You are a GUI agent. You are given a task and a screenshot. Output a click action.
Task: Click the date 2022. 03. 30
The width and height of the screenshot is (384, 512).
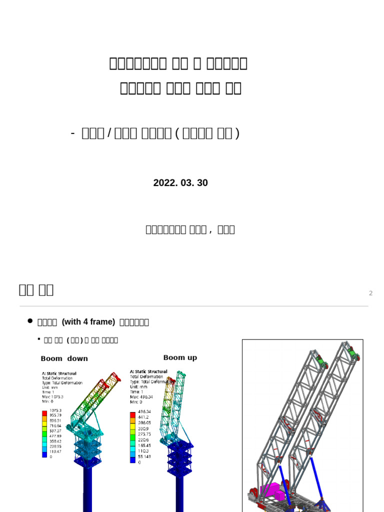click(x=180, y=183)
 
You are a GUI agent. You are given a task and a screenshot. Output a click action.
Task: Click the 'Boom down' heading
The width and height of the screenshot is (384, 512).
click(x=64, y=358)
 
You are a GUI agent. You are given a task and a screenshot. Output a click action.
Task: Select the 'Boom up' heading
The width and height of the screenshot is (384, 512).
click(x=180, y=357)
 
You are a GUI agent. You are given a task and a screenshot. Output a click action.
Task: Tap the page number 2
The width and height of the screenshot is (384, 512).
click(x=370, y=293)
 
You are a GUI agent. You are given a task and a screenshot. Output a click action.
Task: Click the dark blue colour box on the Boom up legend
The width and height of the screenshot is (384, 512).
click(x=133, y=459)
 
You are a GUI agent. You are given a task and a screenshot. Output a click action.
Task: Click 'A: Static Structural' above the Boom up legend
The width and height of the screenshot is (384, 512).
click(x=148, y=371)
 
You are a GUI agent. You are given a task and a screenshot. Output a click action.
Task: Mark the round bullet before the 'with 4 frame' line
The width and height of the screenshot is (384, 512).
click(x=30, y=321)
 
